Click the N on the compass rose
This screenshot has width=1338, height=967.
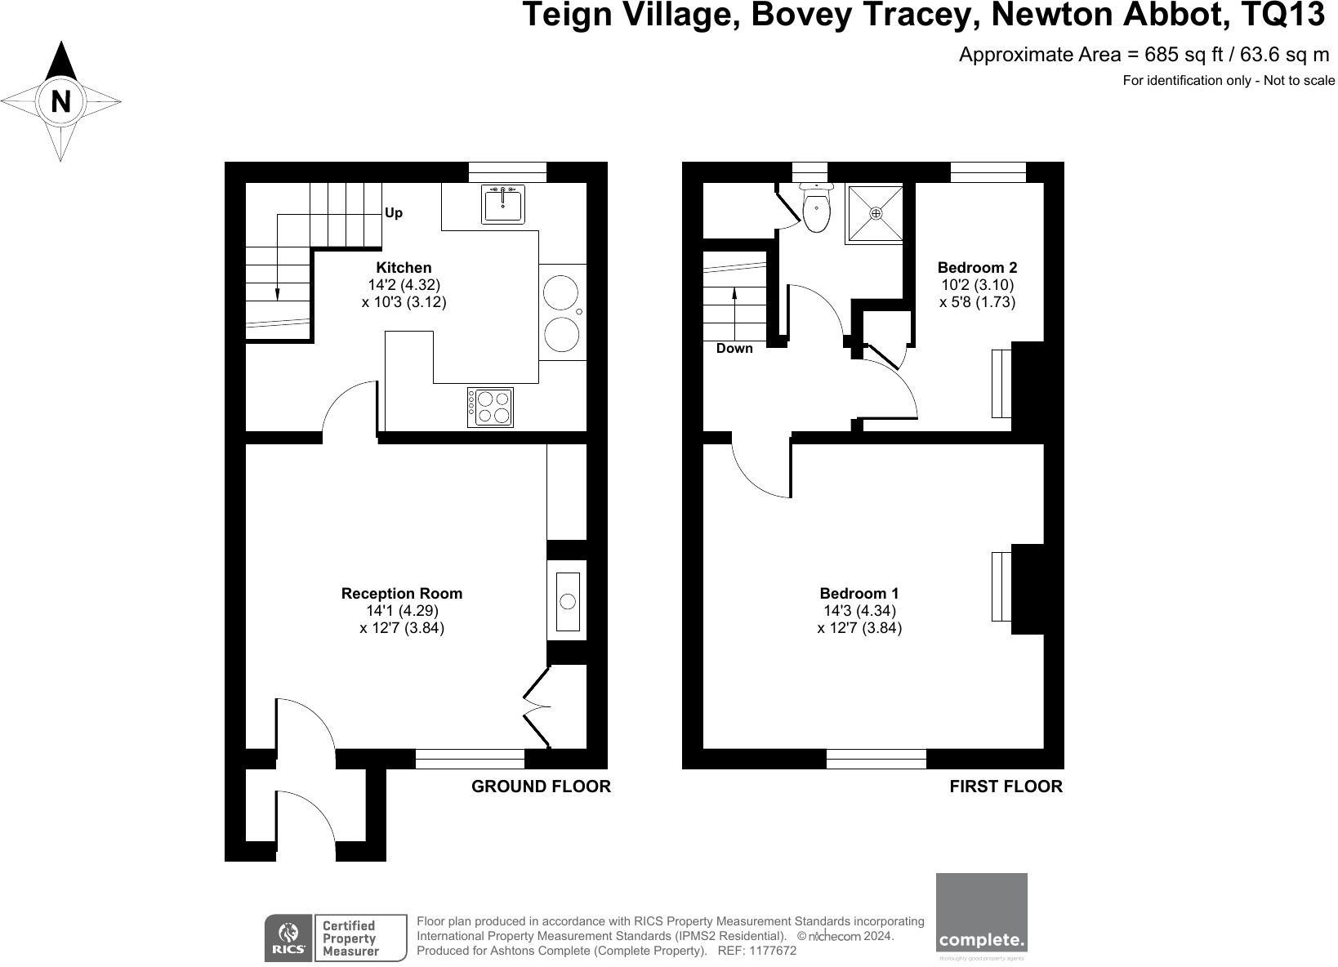(x=61, y=102)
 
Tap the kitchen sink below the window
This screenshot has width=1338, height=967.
(x=503, y=204)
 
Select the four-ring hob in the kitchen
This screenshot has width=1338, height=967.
(x=490, y=407)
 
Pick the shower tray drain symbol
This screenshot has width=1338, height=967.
(x=876, y=213)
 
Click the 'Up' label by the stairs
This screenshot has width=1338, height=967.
(x=394, y=213)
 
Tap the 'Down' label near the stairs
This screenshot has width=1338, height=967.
(x=734, y=349)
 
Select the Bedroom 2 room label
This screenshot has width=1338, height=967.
(x=977, y=267)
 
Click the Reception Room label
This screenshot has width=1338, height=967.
(x=401, y=594)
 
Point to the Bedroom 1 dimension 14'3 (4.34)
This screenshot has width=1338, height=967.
(x=859, y=611)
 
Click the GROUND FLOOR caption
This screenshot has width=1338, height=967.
(x=541, y=787)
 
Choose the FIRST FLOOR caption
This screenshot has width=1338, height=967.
(x=1006, y=787)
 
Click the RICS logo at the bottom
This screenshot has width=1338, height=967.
(x=288, y=938)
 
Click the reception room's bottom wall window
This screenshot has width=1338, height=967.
(x=470, y=759)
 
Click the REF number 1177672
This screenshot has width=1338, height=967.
(x=773, y=951)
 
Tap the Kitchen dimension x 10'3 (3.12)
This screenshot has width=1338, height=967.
(x=404, y=301)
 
